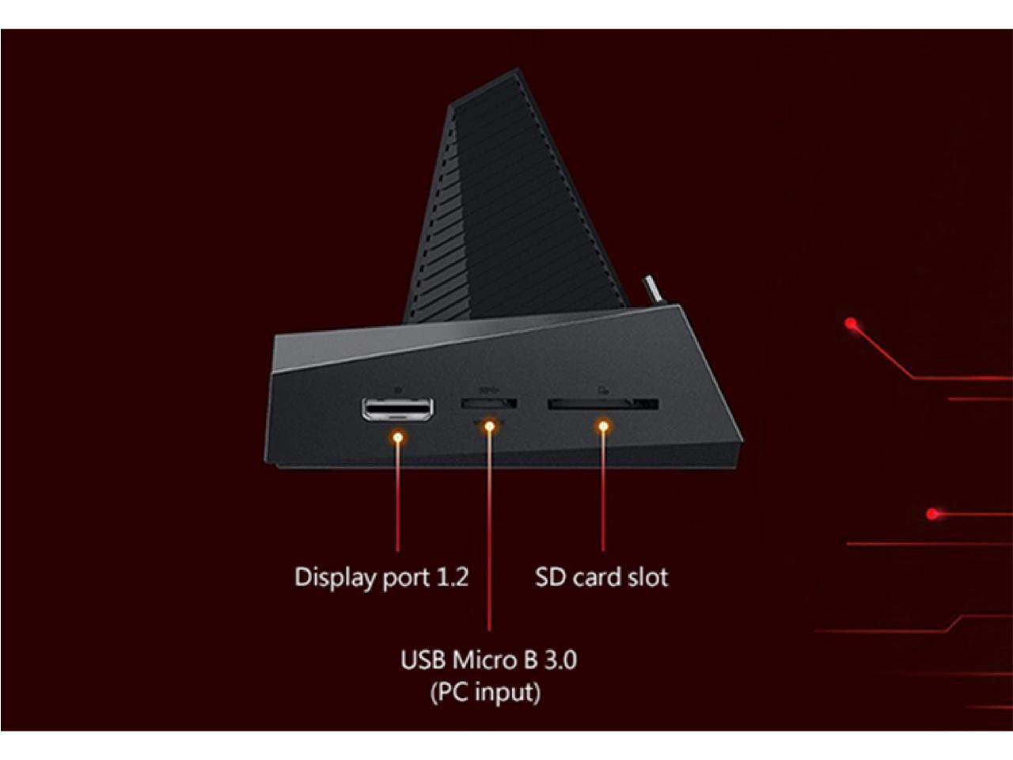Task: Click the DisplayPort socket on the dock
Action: coord(397,408)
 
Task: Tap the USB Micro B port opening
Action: coord(489,404)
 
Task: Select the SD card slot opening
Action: coord(602,405)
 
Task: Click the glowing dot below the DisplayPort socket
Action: coord(398,436)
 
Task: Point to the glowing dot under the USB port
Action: coord(490,427)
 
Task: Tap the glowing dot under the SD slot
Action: coord(603,427)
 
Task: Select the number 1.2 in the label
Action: coord(452,576)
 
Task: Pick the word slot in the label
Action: coord(647,576)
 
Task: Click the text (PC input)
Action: coord(485,692)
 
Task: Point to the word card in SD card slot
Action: coord(597,576)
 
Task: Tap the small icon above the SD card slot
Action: coord(602,389)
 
